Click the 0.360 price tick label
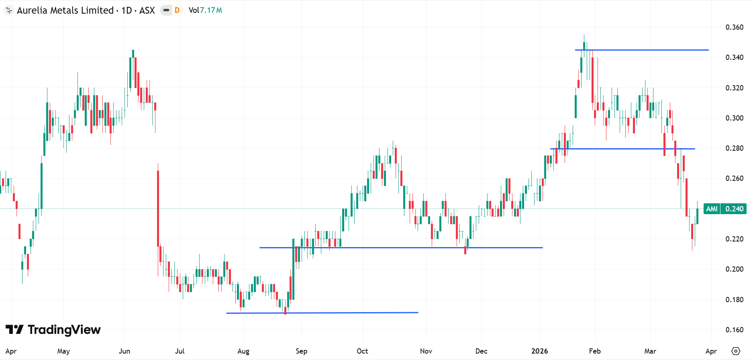coord(734,27)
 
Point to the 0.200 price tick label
coord(734,269)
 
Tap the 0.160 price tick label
coord(734,330)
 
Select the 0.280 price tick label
coord(734,148)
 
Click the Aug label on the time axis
coord(243,351)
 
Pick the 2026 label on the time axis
coord(539,351)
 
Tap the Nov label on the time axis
coord(426,351)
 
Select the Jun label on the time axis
coord(124,351)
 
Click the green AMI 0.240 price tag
coord(724,209)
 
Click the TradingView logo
coord(53,330)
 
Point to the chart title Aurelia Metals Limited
coord(65,10)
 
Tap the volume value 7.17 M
coord(211,10)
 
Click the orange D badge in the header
coord(177,10)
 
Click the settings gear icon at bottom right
coord(735,351)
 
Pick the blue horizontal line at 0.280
coord(622,149)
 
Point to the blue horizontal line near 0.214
coord(402,247)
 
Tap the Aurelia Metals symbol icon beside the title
coord(9,10)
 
